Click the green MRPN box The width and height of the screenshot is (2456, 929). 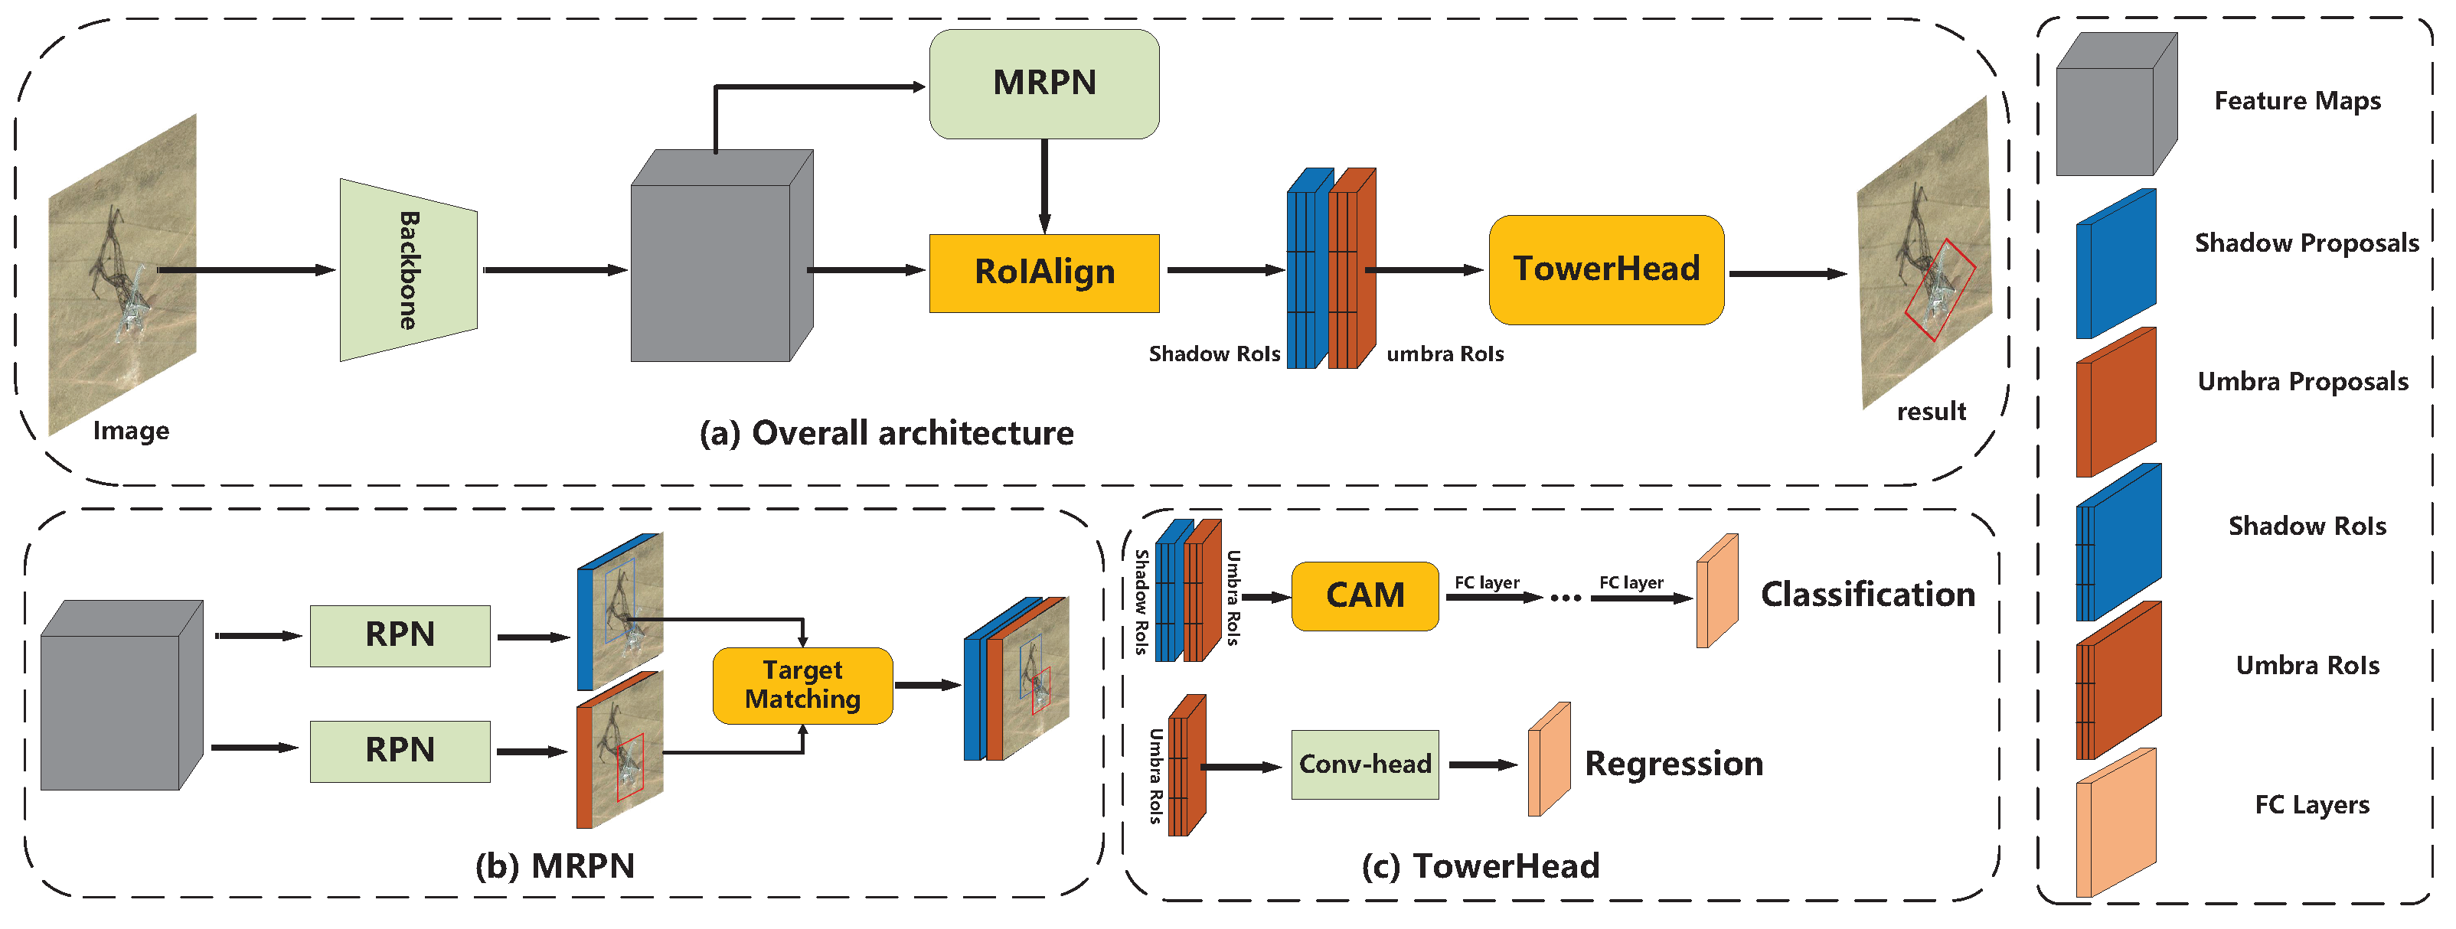pyautogui.click(x=1044, y=84)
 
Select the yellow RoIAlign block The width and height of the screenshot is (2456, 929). pyautogui.click(x=1044, y=272)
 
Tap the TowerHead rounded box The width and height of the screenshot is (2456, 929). pyautogui.click(x=1605, y=269)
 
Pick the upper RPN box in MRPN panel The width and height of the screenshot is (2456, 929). pyautogui.click(x=400, y=634)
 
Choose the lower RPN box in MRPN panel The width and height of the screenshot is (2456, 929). pyautogui.click(x=400, y=751)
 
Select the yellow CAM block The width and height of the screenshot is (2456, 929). pyautogui.click(x=1364, y=596)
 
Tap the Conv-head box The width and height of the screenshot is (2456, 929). pyautogui.click(x=1364, y=764)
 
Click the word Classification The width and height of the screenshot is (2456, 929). pyautogui.click(x=1866, y=595)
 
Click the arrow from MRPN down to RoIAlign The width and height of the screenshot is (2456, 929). pyautogui.click(x=1044, y=186)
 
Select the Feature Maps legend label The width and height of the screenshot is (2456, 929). pyautogui.click(x=2296, y=101)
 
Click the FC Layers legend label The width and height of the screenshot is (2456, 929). pyautogui.click(x=2311, y=805)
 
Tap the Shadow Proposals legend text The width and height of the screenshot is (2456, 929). pyautogui.click(x=2305, y=243)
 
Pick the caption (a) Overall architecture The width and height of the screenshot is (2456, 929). pyautogui.click(x=886, y=434)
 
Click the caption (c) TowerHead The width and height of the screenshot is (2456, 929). pyautogui.click(x=1480, y=866)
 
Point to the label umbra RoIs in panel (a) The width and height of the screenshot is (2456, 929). pyautogui.click(x=1445, y=354)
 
